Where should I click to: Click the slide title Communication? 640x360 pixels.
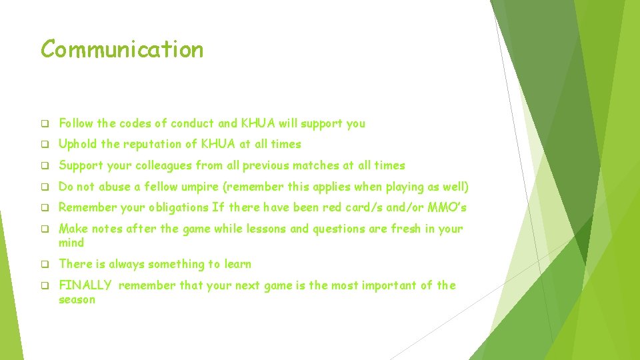click(122, 49)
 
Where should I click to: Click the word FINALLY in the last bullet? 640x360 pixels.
click(85, 285)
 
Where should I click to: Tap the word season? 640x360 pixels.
click(77, 300)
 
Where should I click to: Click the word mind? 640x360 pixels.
click(71, 243)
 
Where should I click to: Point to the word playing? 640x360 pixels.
click(400, 187)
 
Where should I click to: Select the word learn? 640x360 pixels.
click(238, 264)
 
